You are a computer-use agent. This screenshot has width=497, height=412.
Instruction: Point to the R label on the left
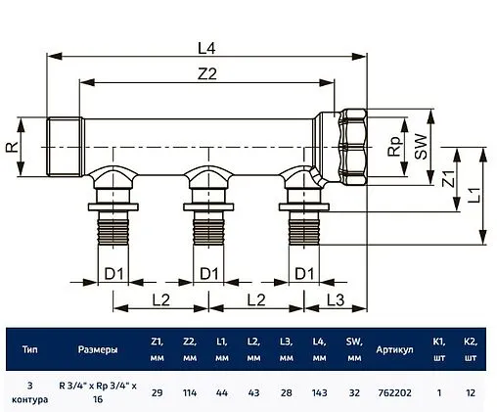pyautogui.click(x=11, y=149)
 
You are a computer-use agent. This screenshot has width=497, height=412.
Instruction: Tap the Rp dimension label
pyautogui.click(x=394, y=146)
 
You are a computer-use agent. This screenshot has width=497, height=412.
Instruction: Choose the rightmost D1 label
pyautogui.click(x=305, y=271)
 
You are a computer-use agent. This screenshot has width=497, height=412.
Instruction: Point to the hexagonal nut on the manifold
pyautogui.click(x=351, y=147)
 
